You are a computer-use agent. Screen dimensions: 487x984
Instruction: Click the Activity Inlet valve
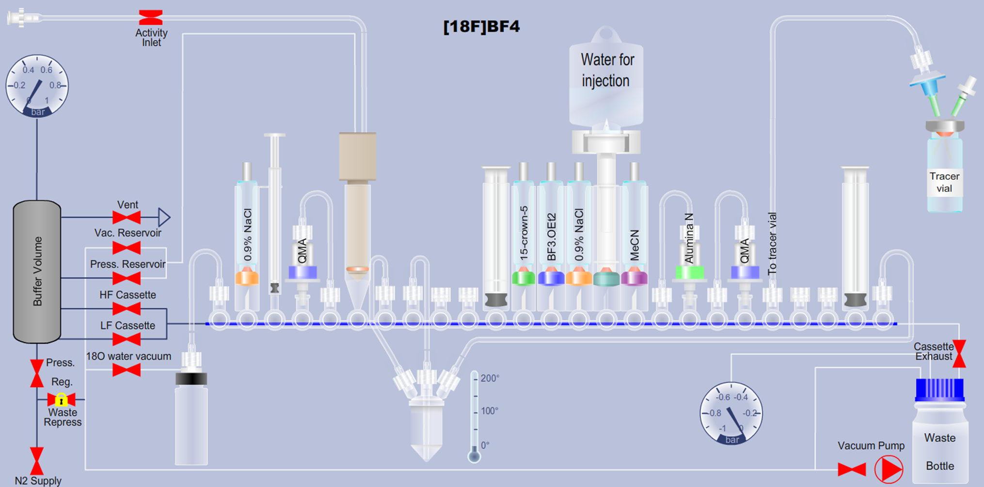tap(151, 17)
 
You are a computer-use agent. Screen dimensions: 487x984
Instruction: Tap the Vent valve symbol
tap(127, 218)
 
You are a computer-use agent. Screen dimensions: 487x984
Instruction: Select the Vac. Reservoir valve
tap(127, 248)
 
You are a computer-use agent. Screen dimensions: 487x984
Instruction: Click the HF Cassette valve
tap(127, 309)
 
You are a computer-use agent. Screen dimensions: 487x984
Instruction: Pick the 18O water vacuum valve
tap(127, 370)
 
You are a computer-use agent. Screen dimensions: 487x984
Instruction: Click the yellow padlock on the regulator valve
tap(61, 400)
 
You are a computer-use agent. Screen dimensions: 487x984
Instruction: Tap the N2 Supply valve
tap(37, 461)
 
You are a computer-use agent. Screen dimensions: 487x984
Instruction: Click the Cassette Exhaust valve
tap(959, 353)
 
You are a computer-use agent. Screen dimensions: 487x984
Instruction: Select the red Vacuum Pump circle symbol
tap(889, 469)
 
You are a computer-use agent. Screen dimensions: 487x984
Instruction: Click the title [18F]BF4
tap(481, 26)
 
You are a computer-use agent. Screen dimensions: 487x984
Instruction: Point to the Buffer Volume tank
tap(37, 271)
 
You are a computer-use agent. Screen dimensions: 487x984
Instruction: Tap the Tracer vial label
tap(944, 182)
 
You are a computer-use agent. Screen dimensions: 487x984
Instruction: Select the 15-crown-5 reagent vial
tap(524, 233)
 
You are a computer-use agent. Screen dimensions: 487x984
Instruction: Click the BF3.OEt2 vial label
tap(552, 237)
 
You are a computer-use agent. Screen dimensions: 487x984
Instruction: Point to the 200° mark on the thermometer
tap(490, 378)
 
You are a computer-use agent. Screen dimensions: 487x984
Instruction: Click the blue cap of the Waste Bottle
tap(939, 390)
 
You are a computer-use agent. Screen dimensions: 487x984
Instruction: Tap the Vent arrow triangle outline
tap(164, 218)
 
